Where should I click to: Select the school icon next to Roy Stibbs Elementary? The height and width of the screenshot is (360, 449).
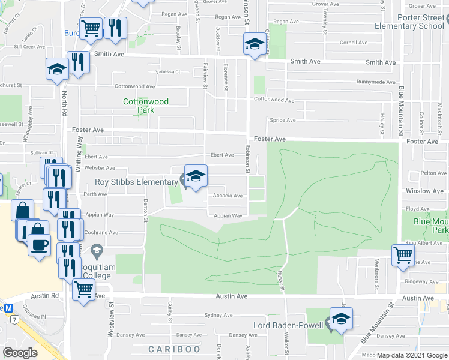click(196, 176)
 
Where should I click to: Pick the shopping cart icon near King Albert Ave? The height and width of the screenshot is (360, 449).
click(403, 255)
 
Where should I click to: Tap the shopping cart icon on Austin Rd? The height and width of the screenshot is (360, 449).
click(83, 290)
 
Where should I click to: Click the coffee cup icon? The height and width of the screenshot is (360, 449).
click(39, 246)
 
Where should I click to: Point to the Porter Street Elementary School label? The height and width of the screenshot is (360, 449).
click(409, 22)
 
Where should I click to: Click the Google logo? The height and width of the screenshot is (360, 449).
click(20, 353)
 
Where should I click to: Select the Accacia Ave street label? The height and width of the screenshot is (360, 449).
click(228, 196)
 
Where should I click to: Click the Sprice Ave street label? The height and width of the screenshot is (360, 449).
click(282, 120)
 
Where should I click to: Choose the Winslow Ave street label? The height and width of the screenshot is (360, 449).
click(424, 191)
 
